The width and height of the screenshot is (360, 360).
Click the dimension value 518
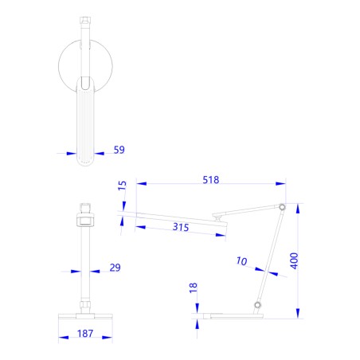tap(209, 181)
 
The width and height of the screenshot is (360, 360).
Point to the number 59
tap(119, 149)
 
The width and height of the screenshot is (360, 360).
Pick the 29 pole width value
tap(115, 268)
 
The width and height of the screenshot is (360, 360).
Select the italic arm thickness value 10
tap(241, 260)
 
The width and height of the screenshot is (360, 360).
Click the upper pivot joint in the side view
tap(280, 206)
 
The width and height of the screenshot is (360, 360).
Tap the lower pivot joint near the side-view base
tap(256, 305)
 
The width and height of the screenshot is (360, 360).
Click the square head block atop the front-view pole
tap(85, 215)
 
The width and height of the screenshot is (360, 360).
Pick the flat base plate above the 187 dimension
tap(85, 316)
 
